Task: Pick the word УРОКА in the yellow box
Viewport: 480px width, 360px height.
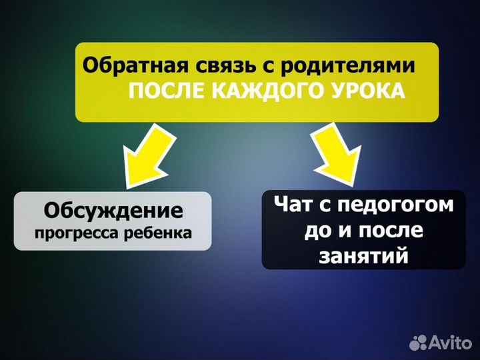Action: point(367,91)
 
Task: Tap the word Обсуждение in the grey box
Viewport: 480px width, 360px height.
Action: point(113,211)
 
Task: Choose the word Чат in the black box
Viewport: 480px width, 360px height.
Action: point(292,205)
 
